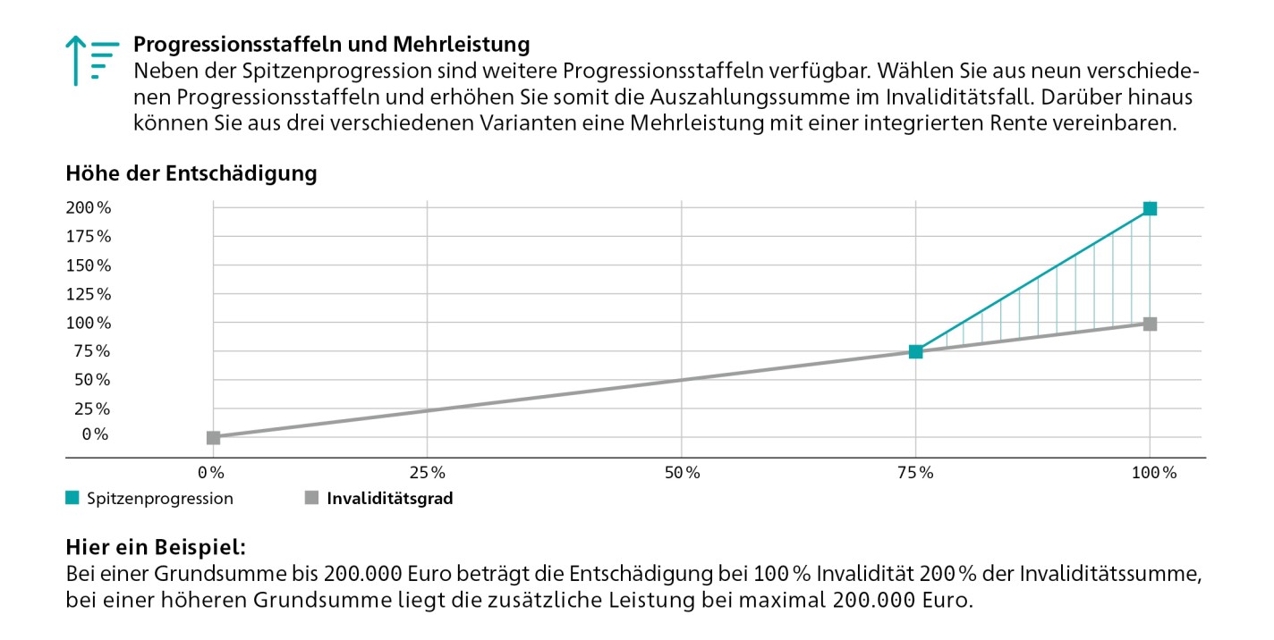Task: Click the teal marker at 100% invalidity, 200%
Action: point(1150,209)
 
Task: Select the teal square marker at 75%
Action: point(915,351)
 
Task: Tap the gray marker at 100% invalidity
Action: point(1150,324)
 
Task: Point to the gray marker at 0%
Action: point(213,437)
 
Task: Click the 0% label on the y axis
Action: point(96,434)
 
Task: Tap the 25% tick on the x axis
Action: point(427,472)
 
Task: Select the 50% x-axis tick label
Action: point(682,472)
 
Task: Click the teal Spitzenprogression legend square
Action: point(72,499)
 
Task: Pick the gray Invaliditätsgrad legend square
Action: point(311,499)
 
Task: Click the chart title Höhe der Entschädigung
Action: point(191,174)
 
